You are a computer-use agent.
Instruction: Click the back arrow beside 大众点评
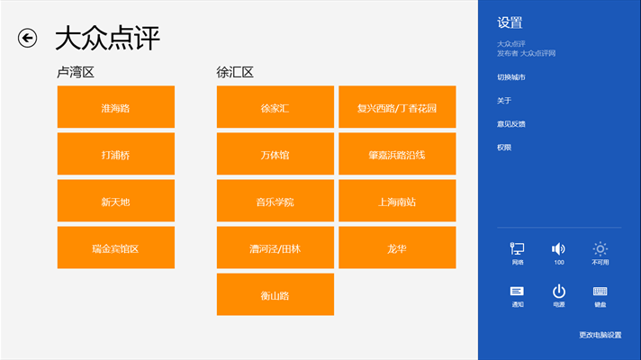(x=28, y=38)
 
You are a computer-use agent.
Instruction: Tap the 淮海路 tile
(x=115, y=107)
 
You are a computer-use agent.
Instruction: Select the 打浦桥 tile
(x=115, y=154)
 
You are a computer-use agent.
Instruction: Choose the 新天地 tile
(x=115, y=201)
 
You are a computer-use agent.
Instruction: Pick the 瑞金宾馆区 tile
(x=115, y=247)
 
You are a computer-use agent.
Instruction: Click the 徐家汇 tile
(x=275, y=107)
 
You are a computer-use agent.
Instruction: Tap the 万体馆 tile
(x=275, y=154)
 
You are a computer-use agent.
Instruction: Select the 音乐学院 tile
(x=275, y=201)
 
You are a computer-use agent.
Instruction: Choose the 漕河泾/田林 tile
(x=275, y=247)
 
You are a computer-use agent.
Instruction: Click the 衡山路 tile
(x=275, y=294)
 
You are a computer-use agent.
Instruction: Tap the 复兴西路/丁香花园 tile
(x=397, y=107)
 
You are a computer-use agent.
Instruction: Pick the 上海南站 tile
(x=397, y=201)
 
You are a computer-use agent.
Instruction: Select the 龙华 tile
(x=397, y=247)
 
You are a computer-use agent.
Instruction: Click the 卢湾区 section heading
(x=75, y=72)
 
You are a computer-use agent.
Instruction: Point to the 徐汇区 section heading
(x=235, y=72)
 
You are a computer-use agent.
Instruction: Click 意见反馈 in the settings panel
(x=511, y=123)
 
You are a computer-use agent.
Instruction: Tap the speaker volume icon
(x=559, y=249)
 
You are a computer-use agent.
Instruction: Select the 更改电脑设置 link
(x=600, y=335)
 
